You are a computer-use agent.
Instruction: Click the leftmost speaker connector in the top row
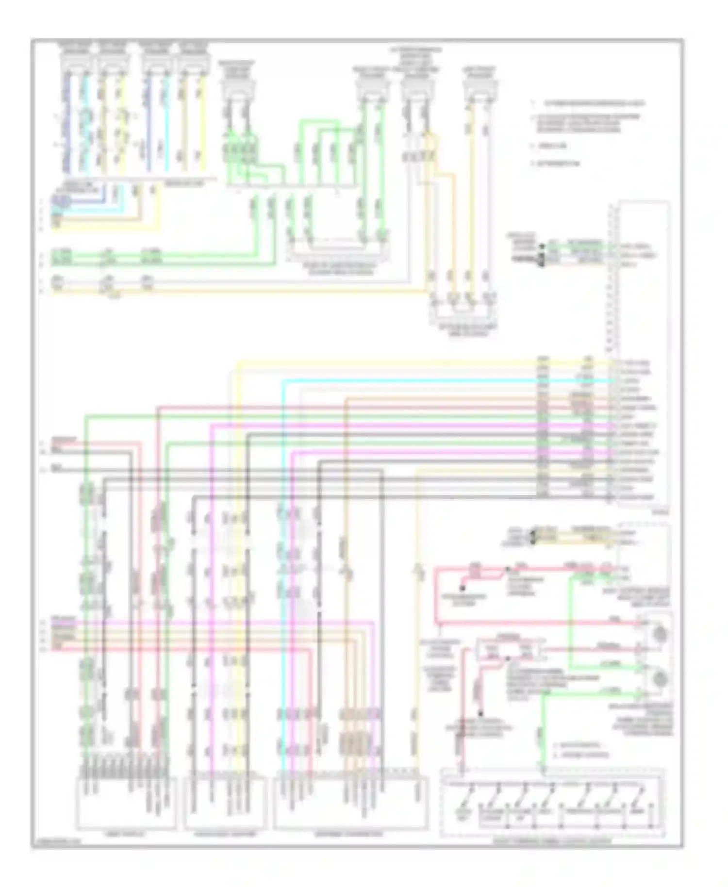(x=76, y=61)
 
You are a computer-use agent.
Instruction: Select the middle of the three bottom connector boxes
(x=225, y=803)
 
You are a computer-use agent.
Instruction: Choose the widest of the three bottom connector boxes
(x=350, y=803)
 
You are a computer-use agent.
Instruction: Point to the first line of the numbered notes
(x=587, y=103)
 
